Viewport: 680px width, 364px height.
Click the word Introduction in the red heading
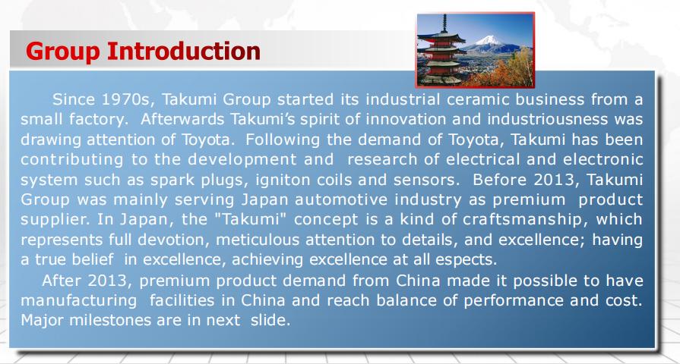183,51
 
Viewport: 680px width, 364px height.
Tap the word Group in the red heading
63,52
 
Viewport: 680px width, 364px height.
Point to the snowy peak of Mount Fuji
489,40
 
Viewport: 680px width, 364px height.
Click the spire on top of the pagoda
444,24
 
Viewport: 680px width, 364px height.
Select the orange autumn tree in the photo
508,71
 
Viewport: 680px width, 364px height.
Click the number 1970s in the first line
128,99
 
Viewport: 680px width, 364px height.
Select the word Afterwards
182,119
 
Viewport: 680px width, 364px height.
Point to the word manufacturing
78,300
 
